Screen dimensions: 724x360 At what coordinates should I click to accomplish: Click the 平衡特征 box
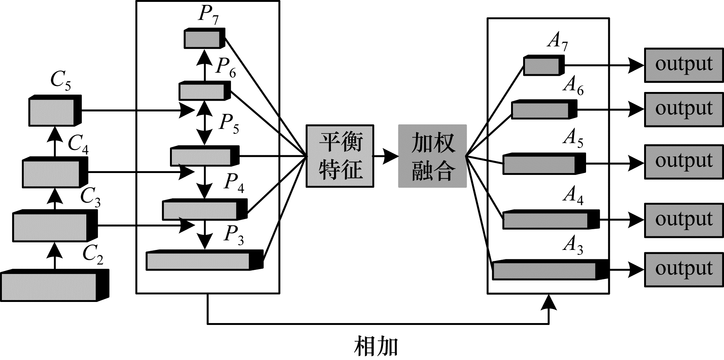(x=340, y=156)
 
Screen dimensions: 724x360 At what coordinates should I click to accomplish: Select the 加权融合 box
(x=432, y=156)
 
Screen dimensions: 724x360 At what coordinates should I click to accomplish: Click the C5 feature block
(x=55, y=110)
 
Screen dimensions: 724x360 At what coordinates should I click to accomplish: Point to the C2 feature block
(x=55, y=285)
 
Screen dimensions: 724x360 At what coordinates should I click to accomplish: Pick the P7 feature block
(x=204, y=38)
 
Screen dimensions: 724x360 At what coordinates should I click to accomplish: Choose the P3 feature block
(x=205, y=260)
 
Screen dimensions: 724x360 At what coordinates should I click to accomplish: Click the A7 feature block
(x=544, y=65)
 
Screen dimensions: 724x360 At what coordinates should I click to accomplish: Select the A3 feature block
(x=551, y=270)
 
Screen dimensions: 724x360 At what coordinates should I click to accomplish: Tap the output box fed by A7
(x=684, y=65)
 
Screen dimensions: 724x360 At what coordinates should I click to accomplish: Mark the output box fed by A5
(x=684, y=161)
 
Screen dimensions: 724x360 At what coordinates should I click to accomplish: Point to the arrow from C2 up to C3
(x=55, y=256)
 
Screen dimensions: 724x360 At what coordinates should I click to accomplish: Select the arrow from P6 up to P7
(x=205, y=65)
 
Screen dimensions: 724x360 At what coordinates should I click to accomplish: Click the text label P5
(x=229, y=123)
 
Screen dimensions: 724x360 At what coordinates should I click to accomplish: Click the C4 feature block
(x=55, y=172)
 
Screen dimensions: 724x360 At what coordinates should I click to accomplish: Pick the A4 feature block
(x=551, y=219)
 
